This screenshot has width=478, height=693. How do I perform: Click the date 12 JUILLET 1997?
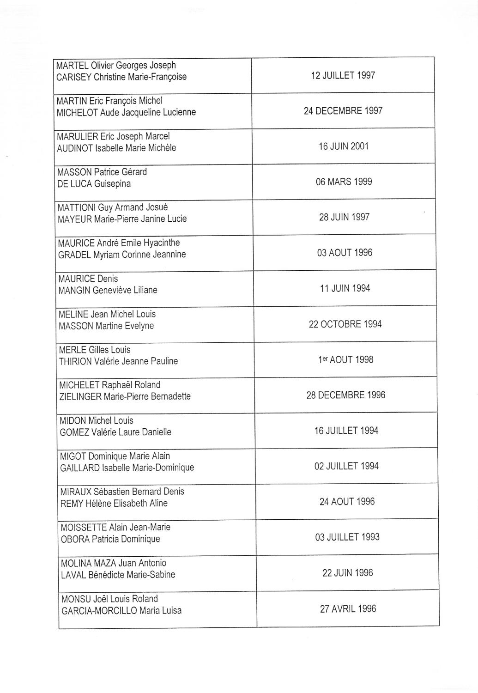(x=343, y=75)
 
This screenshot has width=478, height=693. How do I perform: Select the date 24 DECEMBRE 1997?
(x=343, y=111)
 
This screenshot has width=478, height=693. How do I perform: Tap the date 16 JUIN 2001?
(x=344, y=146)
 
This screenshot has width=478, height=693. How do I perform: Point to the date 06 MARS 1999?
(x=344, y=182)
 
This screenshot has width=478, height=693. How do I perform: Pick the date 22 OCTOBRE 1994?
(x=345, y=324)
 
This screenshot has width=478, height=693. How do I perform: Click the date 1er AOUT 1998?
(x=345, y=359)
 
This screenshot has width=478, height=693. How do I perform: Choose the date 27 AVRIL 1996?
(x=348, y=609)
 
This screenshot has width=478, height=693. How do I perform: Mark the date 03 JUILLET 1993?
(x=347, y=537)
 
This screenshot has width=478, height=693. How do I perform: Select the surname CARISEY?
(x=74, y=77)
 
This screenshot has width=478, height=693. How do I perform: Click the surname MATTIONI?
(x=77, y=208)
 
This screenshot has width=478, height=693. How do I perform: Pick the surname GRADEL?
(x=74, y=255)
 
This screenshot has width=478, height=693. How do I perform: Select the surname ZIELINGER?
(x=80, y=396)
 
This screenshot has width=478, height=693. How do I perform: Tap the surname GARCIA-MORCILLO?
(x=99, y=611)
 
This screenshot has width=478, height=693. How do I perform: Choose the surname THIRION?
(x=75, y=361)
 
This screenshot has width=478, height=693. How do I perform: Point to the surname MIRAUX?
(x=76, y=492)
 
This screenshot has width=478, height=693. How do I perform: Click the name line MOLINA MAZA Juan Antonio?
(x=114, y=563)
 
